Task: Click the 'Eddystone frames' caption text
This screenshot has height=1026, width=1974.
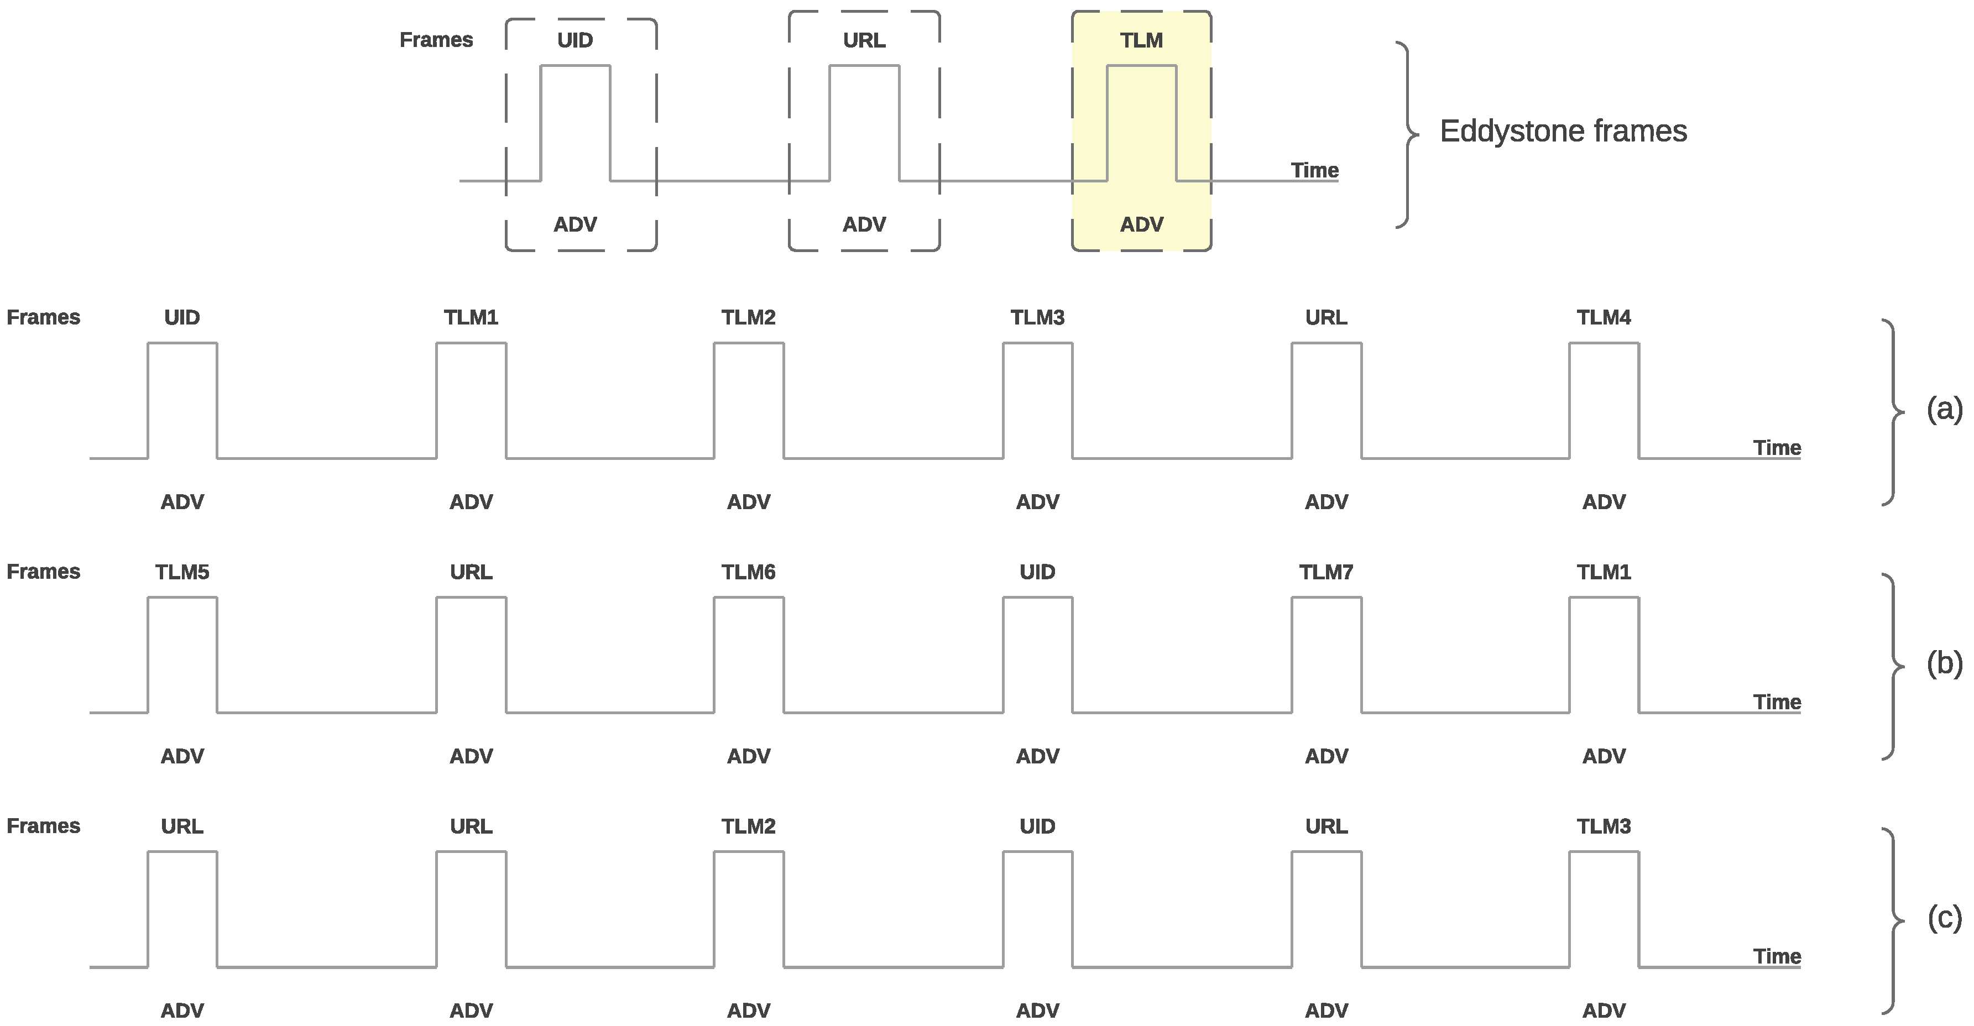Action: [x=1563, y=131]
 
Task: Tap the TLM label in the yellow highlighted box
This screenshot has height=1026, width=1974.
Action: [x=1141, y=40]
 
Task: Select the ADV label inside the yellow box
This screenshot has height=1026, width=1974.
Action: [x=1141, y=224]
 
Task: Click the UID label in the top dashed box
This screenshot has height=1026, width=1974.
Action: [x=575, y=40]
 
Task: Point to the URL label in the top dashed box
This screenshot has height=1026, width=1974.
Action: [x=864, y=40]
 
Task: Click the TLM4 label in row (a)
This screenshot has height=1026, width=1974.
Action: [x=1603, y=317]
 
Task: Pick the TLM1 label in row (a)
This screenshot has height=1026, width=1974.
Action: [x=471, y=317]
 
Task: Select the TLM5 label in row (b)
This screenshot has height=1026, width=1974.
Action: [x=181, y=572]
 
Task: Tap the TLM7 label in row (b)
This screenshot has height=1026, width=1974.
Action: [x=1326, y=572]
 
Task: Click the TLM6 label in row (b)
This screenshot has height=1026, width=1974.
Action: [x=748, y=572]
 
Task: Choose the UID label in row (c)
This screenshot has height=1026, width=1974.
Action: [x=1037, y=826]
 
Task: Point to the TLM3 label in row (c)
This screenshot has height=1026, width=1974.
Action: [x=1603, y=826]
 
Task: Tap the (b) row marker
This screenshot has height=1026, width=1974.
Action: [x=1944, y=663]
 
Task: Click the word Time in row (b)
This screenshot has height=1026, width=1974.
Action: [x=1776, y=702]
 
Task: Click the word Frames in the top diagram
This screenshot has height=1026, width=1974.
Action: [x=436, y=40]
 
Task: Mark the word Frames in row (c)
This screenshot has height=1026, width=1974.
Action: [x=43, y=826]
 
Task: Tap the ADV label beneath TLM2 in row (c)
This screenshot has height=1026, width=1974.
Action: [x=748, y=1010]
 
